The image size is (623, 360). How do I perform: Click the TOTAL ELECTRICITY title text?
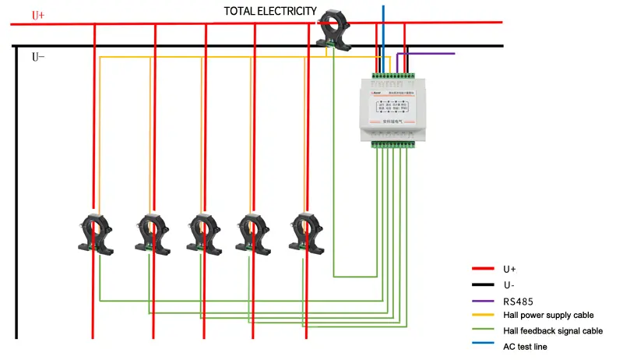270,11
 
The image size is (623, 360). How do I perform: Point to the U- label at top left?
38,57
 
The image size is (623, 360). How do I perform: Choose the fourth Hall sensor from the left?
251,231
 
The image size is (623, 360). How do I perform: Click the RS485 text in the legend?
519,299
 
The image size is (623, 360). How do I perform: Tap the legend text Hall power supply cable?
548,315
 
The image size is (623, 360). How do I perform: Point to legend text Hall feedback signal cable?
553,330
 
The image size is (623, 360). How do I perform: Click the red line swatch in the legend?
483,268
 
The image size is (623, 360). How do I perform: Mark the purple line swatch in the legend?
483,299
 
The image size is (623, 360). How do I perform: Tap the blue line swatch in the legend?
483,346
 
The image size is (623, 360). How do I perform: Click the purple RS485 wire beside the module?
428,54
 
